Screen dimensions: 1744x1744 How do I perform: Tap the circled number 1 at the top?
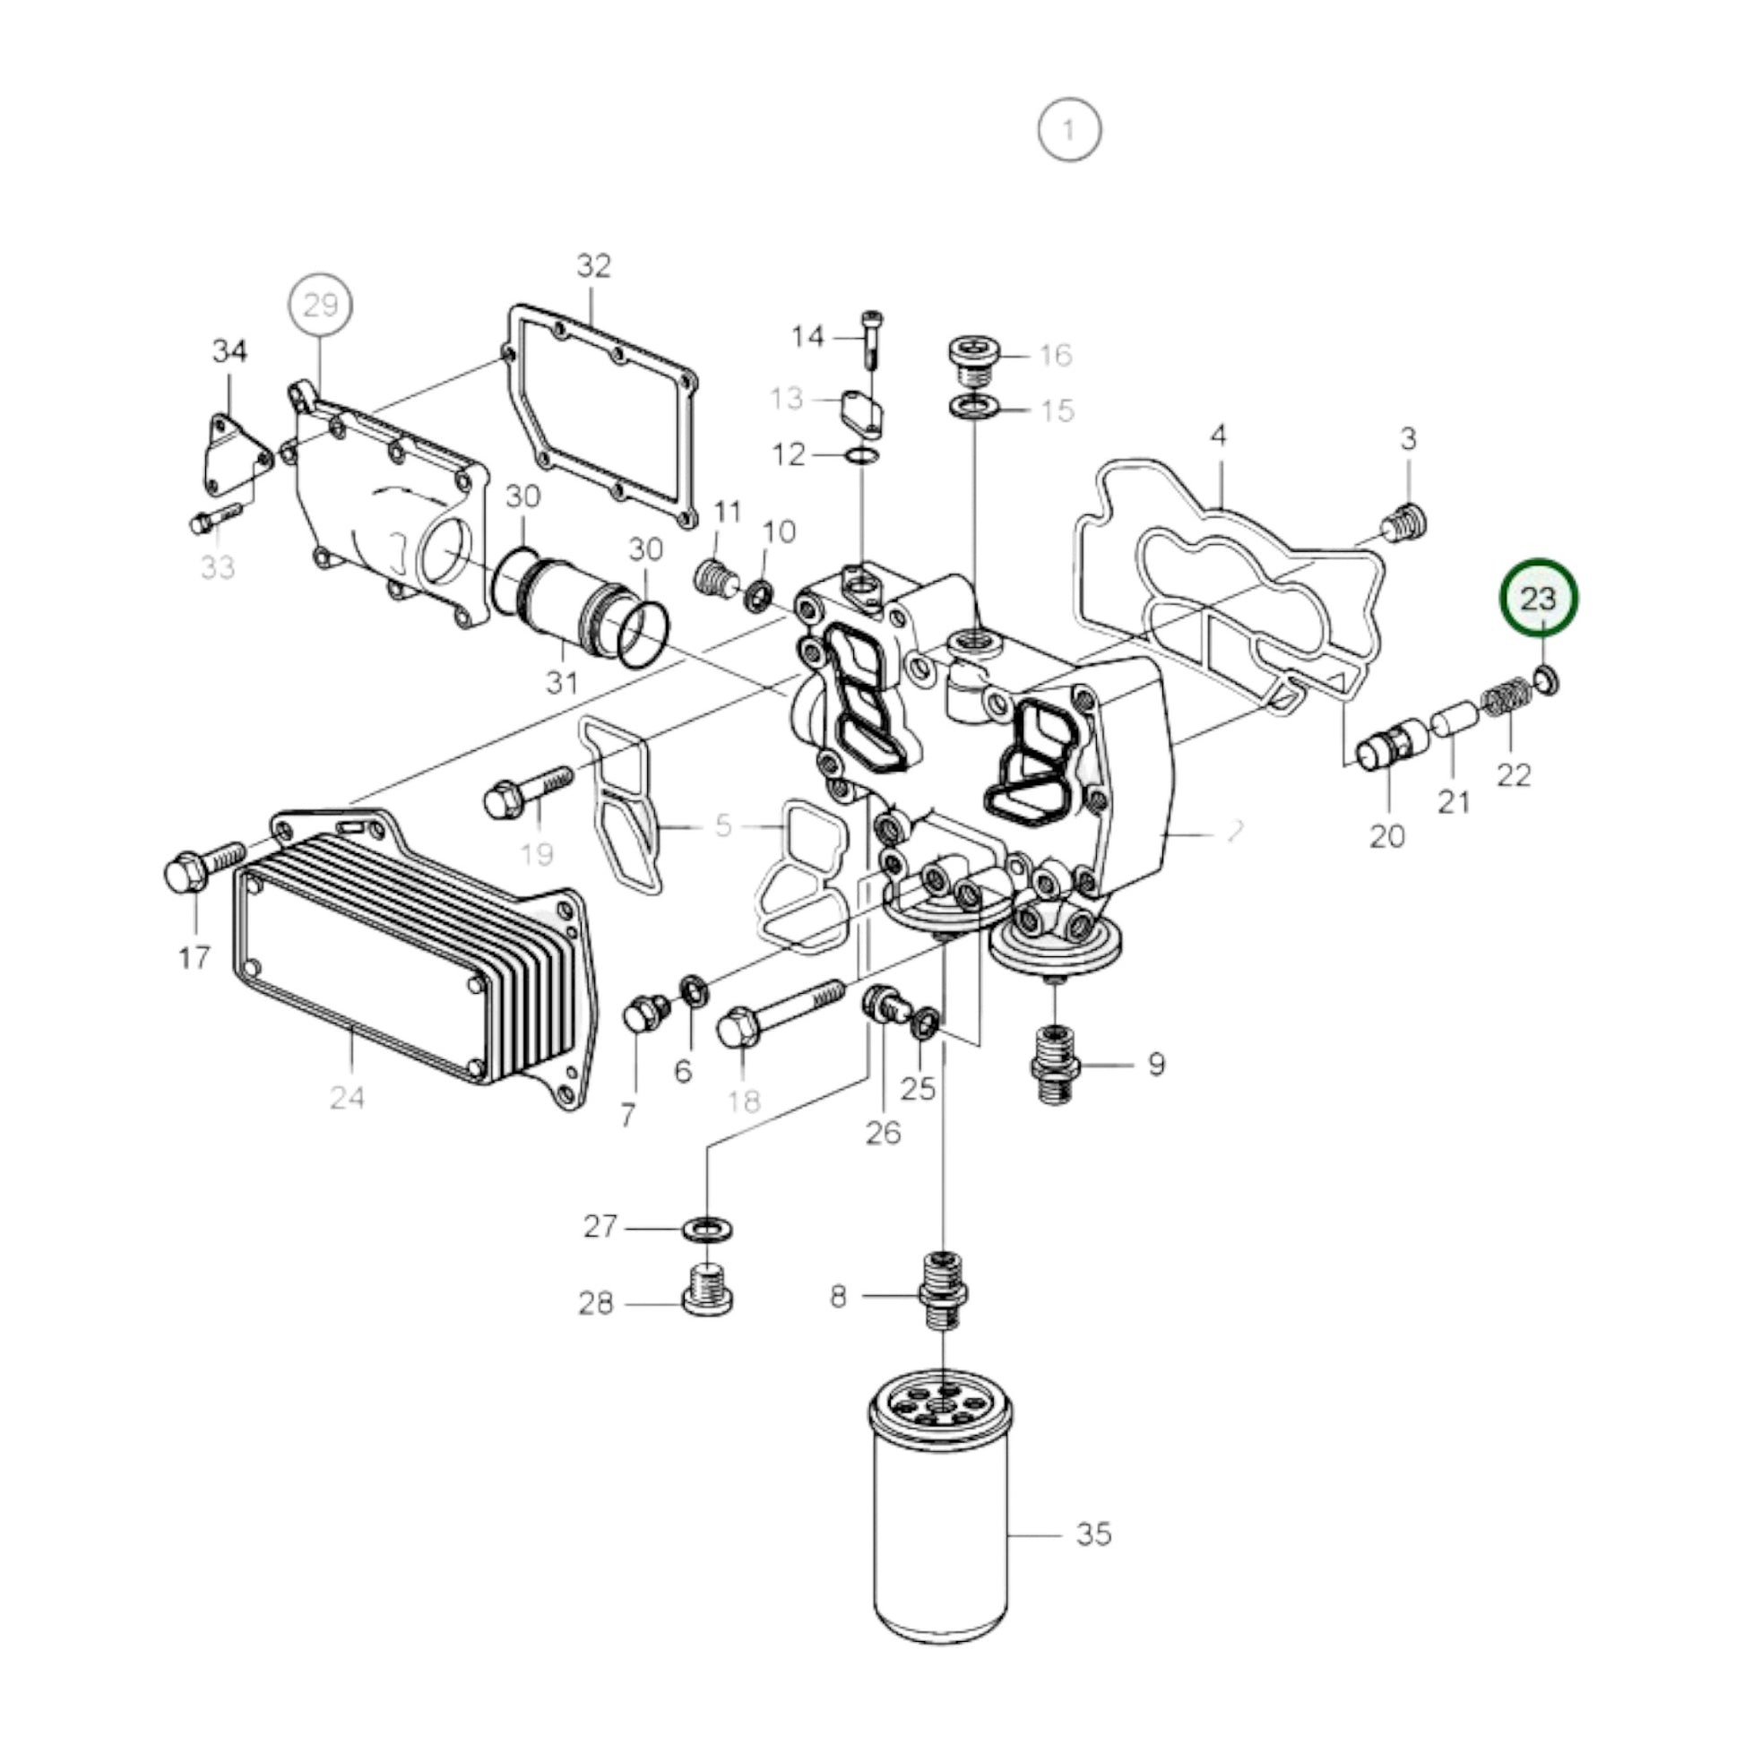point(1069,131)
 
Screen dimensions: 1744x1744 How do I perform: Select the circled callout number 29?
point(321,305)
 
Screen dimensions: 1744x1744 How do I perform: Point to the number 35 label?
point(1093,1533)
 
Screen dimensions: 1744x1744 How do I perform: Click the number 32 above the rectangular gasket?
point(594,265)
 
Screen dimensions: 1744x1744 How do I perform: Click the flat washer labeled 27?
point(707,1229)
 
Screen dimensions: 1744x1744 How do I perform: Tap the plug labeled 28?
point(707,1291)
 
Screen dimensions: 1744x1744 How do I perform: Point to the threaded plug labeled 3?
point(1405,522)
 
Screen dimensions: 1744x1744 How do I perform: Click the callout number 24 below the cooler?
point(347,1098)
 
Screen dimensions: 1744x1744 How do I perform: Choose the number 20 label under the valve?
point(1386,837)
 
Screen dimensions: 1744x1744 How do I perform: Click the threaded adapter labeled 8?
point(944,1294)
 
